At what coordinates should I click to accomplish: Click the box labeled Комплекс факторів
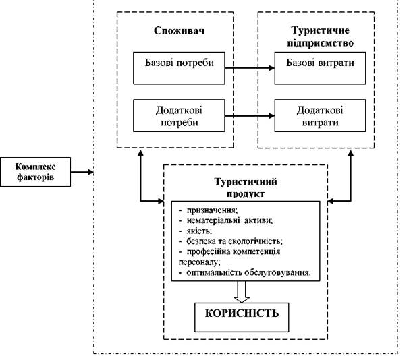point(35,172)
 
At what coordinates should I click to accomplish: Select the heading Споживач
point(179,30)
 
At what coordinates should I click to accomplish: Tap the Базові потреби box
point(179,68)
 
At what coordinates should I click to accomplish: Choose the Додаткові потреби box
point(179,115)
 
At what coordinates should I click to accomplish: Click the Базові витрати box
point(320,68)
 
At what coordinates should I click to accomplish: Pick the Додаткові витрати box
point(320,115)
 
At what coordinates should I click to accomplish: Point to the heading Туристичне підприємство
point(320,36)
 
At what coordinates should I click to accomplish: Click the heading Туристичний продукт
point(246,187)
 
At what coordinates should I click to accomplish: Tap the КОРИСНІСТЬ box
point(242,318)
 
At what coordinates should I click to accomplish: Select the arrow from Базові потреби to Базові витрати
point(250,68)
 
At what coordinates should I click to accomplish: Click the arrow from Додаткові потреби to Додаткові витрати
point(250,115)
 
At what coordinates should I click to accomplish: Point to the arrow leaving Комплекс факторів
point(82,172)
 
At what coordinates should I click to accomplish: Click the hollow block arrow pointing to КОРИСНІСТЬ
point(242,292)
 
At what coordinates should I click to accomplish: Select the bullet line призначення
point(209,210)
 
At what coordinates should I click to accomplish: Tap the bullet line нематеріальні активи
point(225,220)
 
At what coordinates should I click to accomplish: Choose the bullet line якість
point(195,231)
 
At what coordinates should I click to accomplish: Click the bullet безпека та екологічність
point(231,241)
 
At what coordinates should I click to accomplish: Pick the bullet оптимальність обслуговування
point(244,272)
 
